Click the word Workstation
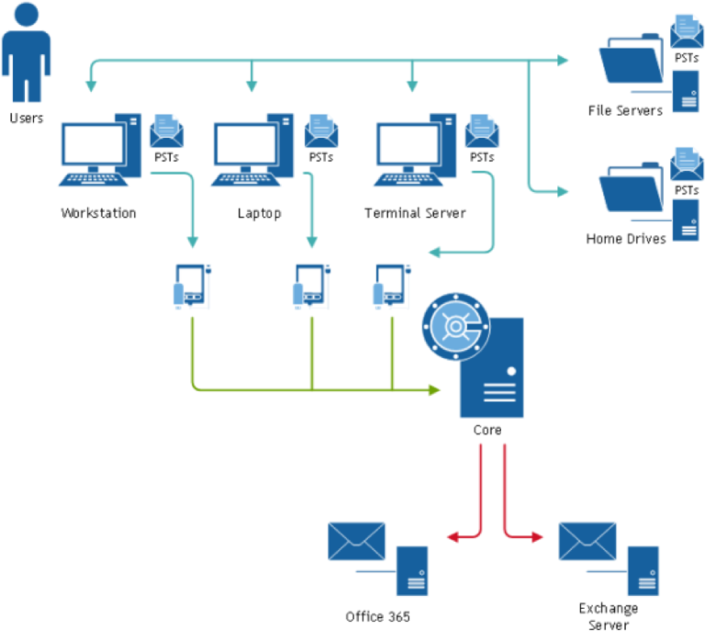coord(98,213)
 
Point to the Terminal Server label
coord(415,213)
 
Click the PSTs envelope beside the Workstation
coord(167,131)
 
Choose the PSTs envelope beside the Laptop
coord(320,131)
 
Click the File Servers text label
coord(625,110)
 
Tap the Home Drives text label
coord(626,240)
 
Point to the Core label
coord(487,429)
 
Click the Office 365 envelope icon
coord(356,541)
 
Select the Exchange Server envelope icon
coord(587,541)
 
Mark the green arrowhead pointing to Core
coord(434,390)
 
